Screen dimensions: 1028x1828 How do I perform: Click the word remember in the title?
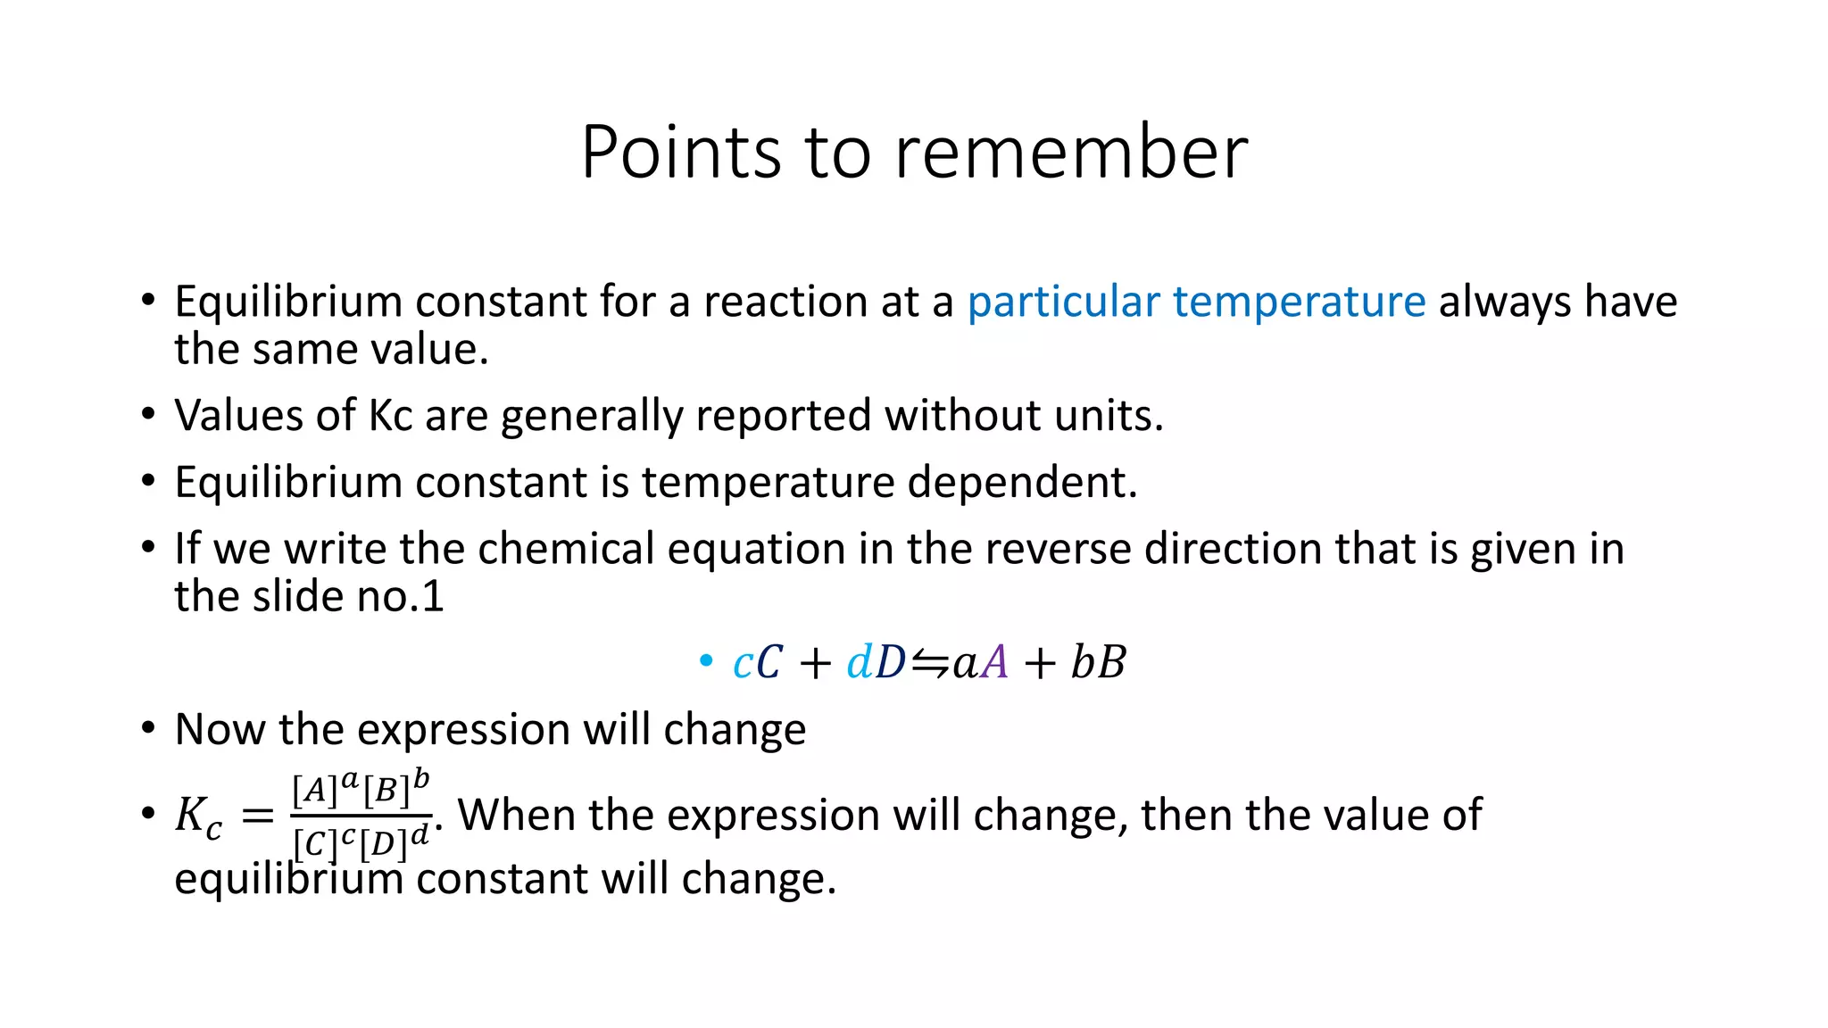click(x=1071, y=153)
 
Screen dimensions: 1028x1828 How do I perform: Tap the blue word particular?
click(x=1063, y=303)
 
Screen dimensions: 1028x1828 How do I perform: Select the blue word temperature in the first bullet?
click(x=1299, y=303)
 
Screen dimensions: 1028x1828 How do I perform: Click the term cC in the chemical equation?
click(x=757, y=663)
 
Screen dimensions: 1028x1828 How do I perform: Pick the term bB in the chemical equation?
click(x=1098, y=663)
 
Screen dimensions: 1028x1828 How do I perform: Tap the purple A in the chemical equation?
click(x=994, y=663)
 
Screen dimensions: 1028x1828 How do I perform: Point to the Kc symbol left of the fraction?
click(x=197, y=817)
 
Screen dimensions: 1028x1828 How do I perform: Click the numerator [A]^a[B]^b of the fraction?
click(x=361, y=788)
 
